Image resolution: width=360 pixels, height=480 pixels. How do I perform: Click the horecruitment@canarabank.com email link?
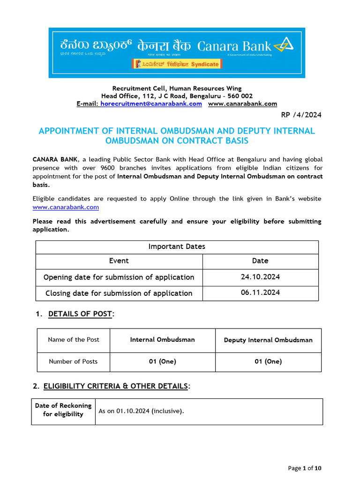(x=151, y=104)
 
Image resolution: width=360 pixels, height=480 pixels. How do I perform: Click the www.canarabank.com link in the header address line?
(x=242, y=104)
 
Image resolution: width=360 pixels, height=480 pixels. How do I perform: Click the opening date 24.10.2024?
(x=260, y=277)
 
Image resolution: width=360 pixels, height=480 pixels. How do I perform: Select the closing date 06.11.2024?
(x=260, y=293)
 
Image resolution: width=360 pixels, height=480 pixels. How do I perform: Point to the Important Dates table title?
(x=177, y=247)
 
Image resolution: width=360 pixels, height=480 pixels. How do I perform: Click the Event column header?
(x=119, y=261)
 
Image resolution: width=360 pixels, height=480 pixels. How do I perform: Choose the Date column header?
(x=260, y=261)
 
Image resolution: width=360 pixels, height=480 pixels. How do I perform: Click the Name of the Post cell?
(x=74, y=340)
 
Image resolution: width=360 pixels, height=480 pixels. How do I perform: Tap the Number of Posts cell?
(x=74, y=361)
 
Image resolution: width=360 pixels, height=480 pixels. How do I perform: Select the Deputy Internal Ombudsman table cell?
(x=268, y=340)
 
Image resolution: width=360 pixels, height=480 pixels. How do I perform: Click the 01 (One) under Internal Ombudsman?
(x=162, y=361)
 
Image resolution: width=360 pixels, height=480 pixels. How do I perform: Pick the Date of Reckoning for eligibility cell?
(x=63, y=410)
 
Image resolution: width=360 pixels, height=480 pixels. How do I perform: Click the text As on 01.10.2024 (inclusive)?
(x=141, y=411)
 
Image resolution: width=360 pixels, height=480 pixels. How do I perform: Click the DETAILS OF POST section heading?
(x=80, y=314)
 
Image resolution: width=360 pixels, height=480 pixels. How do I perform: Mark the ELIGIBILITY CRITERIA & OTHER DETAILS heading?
(x=116, y=386)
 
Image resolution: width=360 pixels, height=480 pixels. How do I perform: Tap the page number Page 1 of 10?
(x=305, y=468)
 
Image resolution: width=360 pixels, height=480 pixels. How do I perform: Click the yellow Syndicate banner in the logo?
(x=177, y=64)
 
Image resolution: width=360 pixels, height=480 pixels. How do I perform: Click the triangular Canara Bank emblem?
(x=284, y=45)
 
